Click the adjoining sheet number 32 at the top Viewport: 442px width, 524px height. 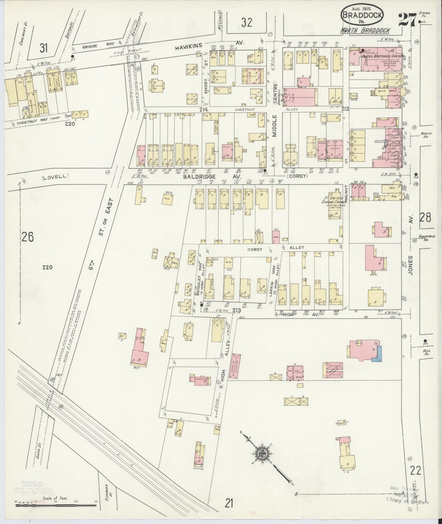(x=247, y=23)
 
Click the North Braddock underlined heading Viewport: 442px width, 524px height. (x=366, y=31)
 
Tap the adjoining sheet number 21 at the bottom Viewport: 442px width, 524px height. (x=229, y=503)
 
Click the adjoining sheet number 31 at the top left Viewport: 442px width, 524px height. (x=43, y=48)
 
